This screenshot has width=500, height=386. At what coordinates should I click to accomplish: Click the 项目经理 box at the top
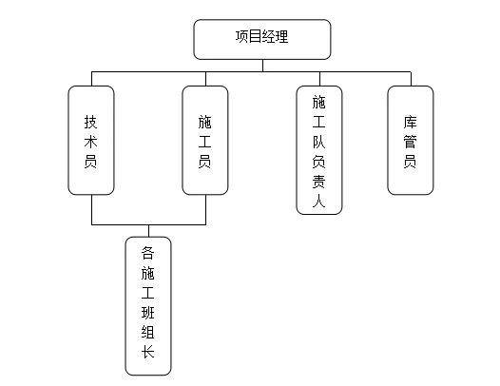pyautogui.click(x=262, y=39)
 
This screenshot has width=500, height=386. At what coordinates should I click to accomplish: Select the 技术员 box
pyautogui.click(x=91, y=140)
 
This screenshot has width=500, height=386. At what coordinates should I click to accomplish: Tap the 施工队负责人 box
pyautogui.click(x=319, y=150)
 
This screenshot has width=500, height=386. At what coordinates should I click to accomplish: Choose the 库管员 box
pyautogui.click(x=411, y=140)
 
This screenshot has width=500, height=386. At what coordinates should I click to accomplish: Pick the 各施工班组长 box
pyautogui.click(x=148, y=306)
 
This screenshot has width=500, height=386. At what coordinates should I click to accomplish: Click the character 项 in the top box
pyautogui.click(x=242, y=36)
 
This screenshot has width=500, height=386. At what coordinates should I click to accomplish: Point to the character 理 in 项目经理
pyautogui.click(x=282, y=36)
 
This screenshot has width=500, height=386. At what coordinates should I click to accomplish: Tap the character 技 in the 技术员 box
pyautogui.click(x=91, y=122)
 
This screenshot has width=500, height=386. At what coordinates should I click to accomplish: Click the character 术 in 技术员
pyautogui.click(x=91, y=142)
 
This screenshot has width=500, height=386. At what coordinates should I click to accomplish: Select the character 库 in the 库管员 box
pyautogui.click(x=410, y=122)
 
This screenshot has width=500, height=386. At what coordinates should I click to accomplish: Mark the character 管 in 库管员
pyautogui.click(x=410, y=142)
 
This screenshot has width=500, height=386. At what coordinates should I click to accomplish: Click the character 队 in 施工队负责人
pyautogui.click(x=318, y=142)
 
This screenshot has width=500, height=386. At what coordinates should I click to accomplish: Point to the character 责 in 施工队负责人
pyautogui.click(x=318, y=182)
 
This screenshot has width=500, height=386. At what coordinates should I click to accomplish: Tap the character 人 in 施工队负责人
pyautogui.click(x=318, y=201)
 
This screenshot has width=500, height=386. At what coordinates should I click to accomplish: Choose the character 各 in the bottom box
pyautogui.click(x=148, y=253)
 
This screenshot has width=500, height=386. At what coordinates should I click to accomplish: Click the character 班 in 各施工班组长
pyautogui.click(x=148, y=312)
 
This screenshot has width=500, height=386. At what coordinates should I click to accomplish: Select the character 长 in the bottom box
pyautogui.click(x=148, y=352)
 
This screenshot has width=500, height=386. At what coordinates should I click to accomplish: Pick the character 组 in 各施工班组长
pyautogui.click(x=148, y=332)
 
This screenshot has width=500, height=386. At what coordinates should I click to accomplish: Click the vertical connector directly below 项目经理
pyautogui.click(x=262, y=66)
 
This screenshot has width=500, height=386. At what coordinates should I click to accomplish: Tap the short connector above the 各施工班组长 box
pyautogui.click(x=149, y=231)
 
